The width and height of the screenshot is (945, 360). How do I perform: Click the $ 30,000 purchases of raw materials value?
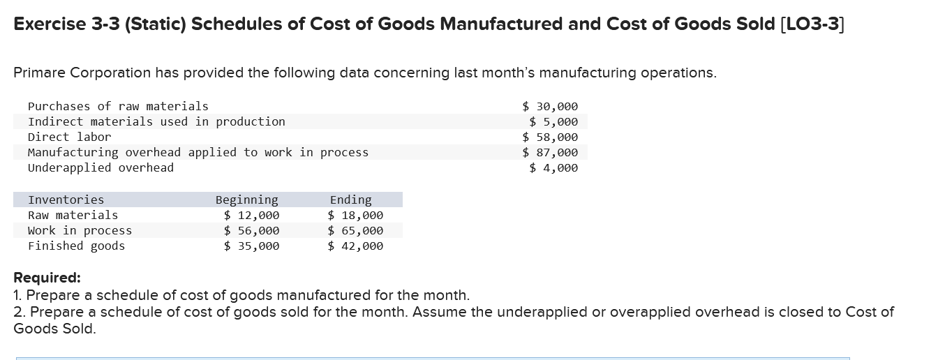[550, 106]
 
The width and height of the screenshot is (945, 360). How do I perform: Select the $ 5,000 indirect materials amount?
[553, 121]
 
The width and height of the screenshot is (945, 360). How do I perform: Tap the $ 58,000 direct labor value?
[550, 137]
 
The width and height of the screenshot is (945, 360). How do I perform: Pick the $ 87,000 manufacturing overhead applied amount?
[550, 152]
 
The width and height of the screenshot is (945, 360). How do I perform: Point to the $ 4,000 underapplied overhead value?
[553, 167]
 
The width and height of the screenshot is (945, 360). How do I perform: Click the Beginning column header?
[246, 200]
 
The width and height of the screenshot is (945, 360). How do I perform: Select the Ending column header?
[350, 200]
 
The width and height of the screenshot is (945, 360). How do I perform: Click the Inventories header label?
[66, 200]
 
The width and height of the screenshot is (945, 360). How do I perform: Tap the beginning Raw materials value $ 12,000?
[251, 216]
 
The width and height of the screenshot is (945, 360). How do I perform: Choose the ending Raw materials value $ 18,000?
[355, 216]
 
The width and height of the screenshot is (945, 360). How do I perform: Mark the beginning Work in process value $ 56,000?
[251, 231]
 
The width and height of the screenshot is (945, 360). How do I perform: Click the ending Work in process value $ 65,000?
[355, 231]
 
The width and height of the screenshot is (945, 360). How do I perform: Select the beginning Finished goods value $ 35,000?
[251, 246]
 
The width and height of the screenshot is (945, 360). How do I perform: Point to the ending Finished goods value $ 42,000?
[355, 246]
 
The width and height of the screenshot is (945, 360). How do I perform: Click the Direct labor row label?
[69, 137]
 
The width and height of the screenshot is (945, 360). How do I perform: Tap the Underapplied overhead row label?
[101, 167]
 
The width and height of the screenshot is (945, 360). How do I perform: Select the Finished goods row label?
[76, 246]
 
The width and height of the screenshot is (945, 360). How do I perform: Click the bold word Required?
[47, 278]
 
